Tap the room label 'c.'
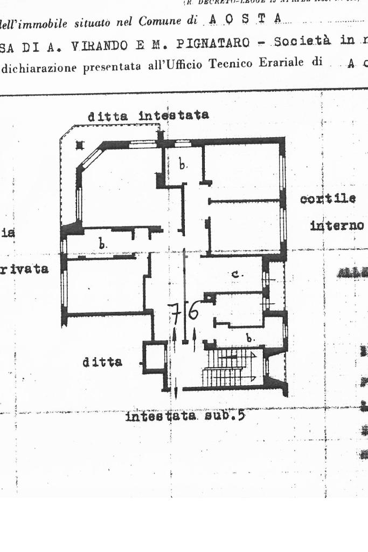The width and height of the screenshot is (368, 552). pos(236,274)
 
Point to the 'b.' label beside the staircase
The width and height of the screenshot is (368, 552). pos(249,338)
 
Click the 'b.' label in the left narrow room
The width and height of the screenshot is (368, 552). pos(102,244)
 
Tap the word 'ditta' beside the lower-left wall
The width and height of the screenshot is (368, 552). pos(102,362)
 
